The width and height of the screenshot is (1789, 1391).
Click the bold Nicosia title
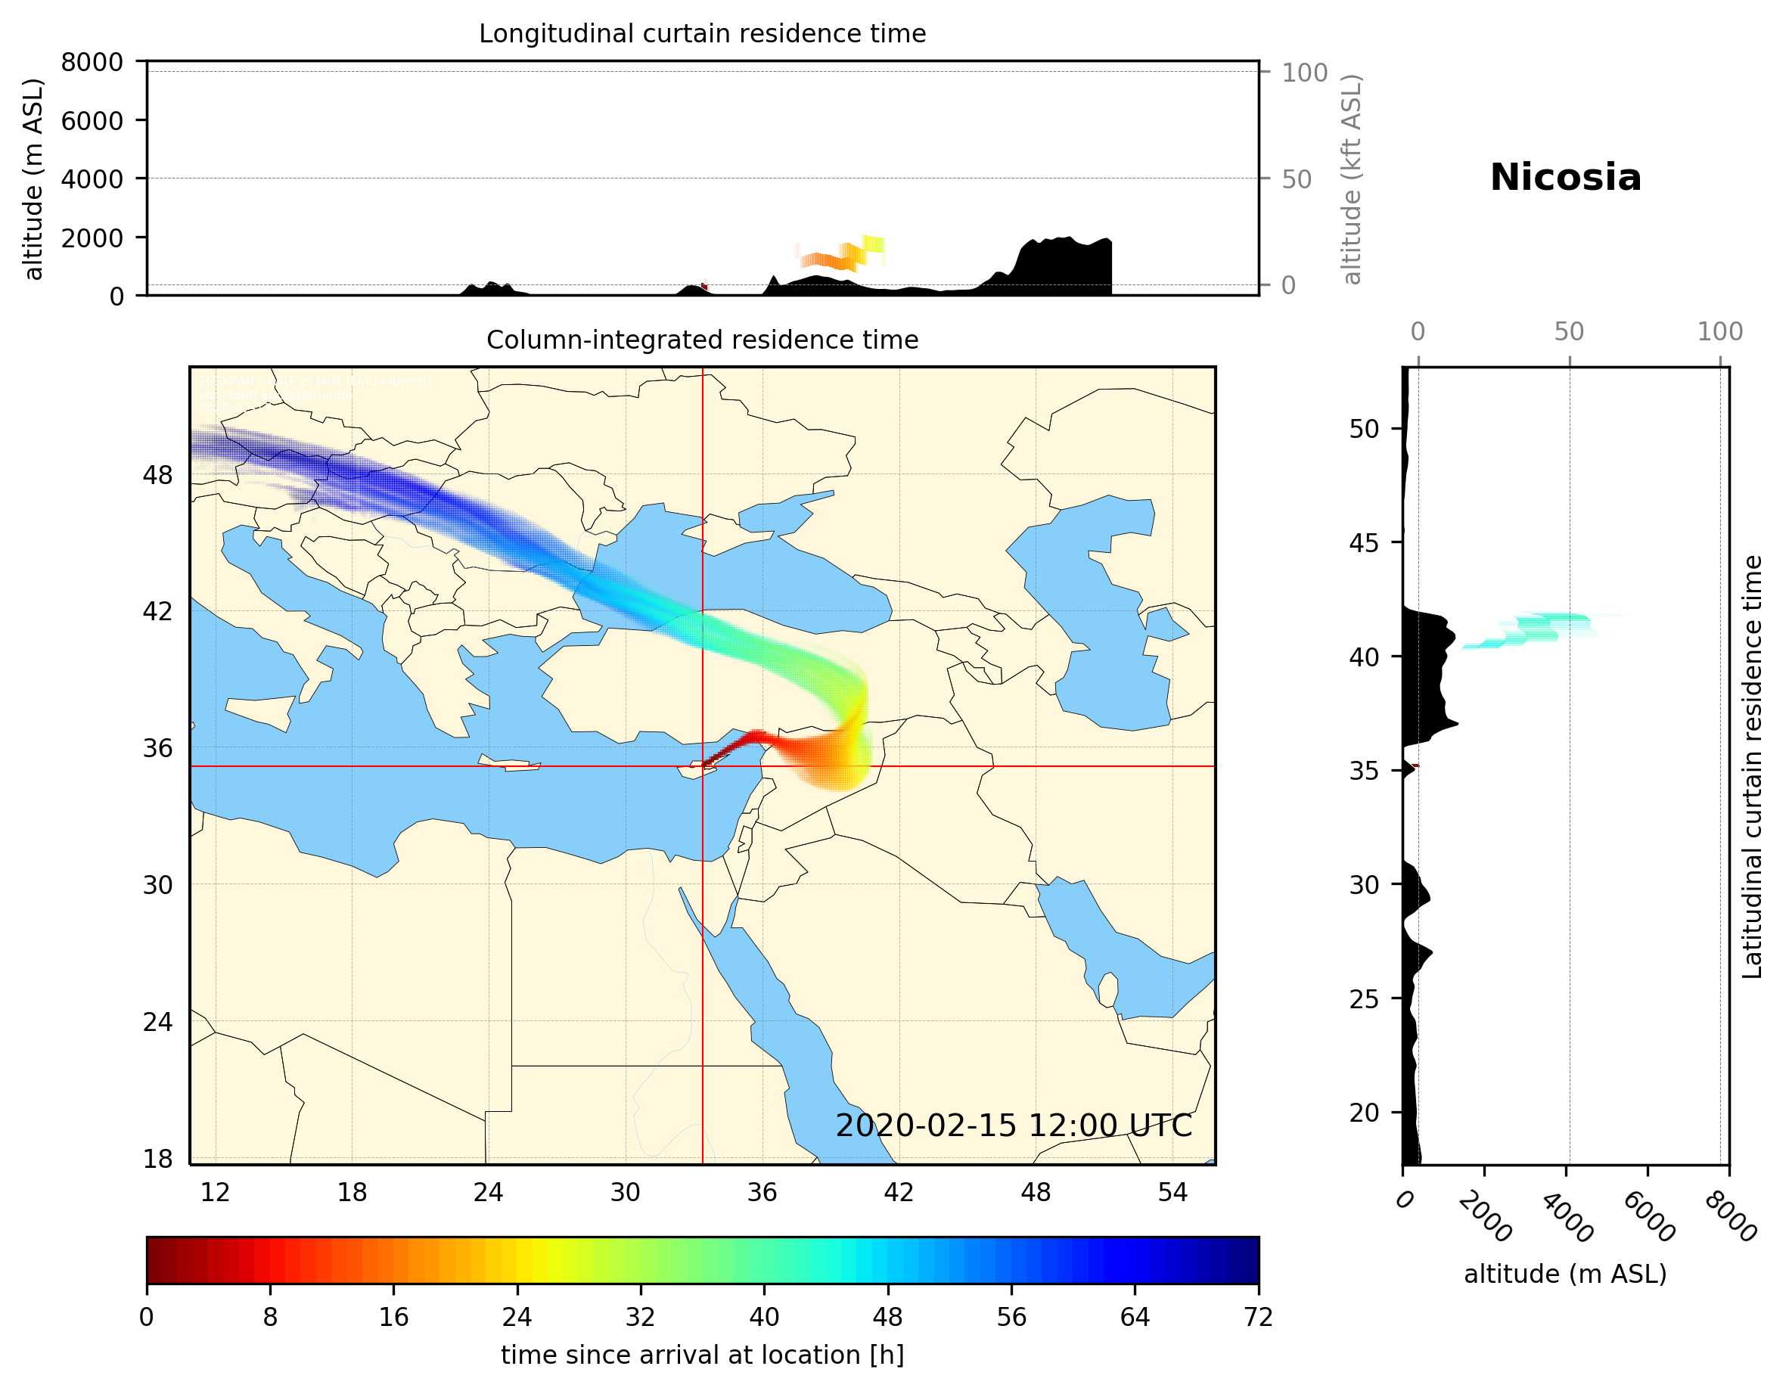click(1564, 178)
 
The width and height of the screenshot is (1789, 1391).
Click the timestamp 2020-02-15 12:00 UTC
click(1014, 1126)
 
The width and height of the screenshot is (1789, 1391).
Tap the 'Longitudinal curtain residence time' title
click(702, 33)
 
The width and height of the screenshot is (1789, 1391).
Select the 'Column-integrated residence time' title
click(702, 340)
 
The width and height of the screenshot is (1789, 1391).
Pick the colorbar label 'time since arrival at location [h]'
click(702, 1354)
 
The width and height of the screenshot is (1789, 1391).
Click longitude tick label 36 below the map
click(762, 1192)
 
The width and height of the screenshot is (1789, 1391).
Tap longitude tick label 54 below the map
click(1172, 1192)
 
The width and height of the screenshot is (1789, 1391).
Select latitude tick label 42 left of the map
click(157, 611)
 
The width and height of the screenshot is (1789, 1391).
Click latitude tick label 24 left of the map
click(157, 1022)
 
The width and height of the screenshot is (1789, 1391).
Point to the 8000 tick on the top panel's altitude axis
click(92, 62)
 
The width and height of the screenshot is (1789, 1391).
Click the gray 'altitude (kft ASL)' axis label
click(1351, 179)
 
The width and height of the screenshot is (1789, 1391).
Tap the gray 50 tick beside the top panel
click(1297, 179)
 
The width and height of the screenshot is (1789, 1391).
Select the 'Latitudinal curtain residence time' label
click(1751, 766)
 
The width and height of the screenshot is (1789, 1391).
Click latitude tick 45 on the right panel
click(1364, 542)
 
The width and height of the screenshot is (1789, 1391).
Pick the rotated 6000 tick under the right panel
click(1648, 1216)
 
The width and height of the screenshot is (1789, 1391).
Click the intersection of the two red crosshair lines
click(702, 766)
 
